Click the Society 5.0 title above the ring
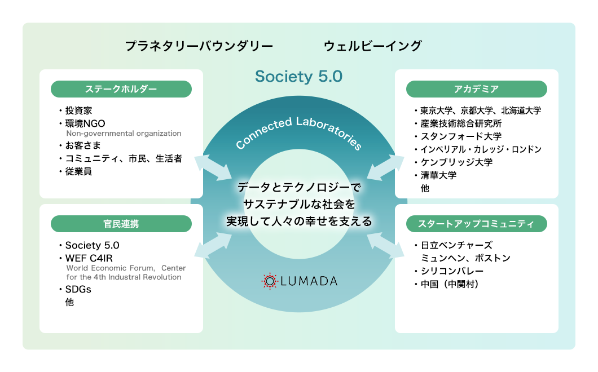298,77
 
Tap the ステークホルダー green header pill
121,89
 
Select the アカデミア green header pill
476,89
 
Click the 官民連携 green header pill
121,224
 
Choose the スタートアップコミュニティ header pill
476,224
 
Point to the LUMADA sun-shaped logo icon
270,281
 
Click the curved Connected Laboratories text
298,133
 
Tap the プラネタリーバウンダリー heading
199,46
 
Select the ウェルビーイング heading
373,46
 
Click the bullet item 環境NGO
85,123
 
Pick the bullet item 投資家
78,110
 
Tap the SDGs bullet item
78,290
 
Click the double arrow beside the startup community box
385,243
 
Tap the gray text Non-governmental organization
124,134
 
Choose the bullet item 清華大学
438,175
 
